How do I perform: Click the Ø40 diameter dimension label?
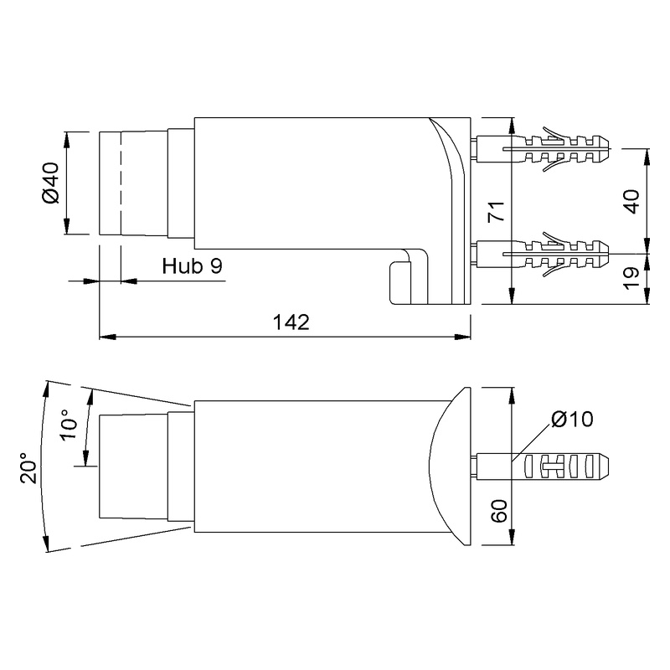click(x=49, y=183)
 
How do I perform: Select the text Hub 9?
click(x=192, y=267)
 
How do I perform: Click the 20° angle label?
click(x=27, y=468)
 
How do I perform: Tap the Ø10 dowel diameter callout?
click(x=572, y=419)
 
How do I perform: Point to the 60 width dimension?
click(x=497, y=512)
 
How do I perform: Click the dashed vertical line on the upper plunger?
click(x=121, y=183)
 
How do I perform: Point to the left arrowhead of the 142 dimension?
click(x=105, y=338)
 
